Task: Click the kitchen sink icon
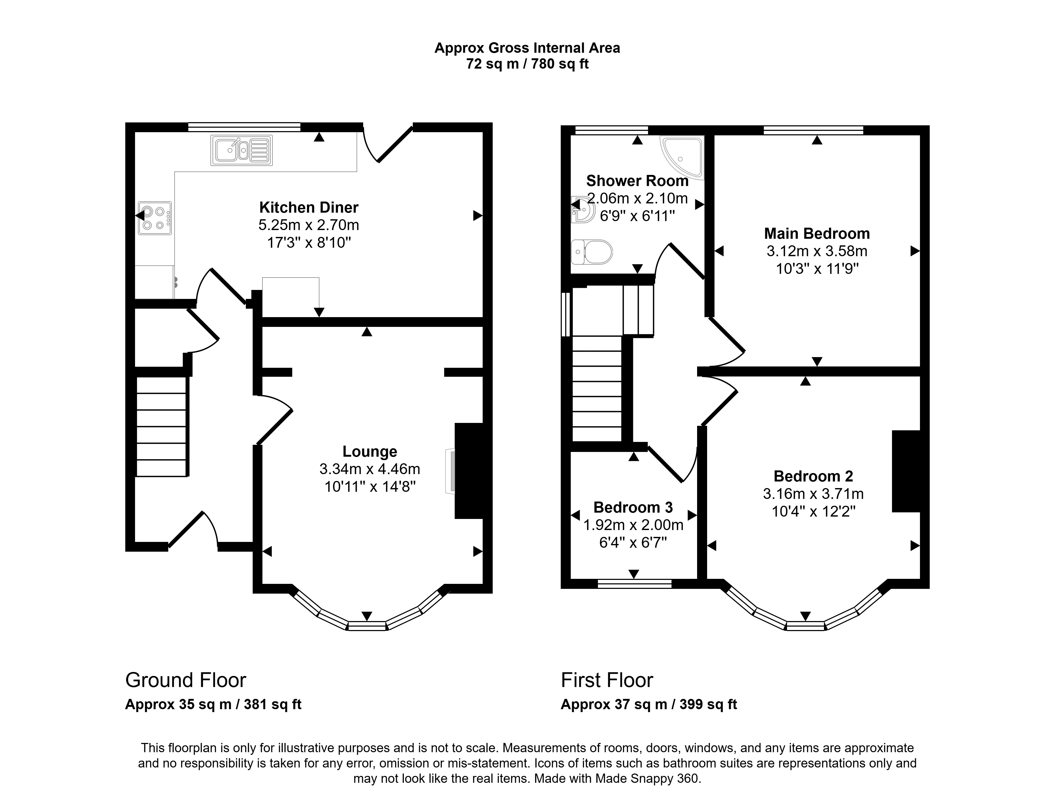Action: pos(242,150)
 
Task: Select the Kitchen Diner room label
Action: pos(309,207)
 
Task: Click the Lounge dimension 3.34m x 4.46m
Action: pos(370,469)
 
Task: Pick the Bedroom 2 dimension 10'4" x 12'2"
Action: pos(814,511)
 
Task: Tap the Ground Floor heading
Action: pos(186,680)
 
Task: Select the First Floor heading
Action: pos(607,680)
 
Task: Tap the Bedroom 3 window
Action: pos(634,583)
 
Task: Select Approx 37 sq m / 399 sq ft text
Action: pos(649,704)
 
